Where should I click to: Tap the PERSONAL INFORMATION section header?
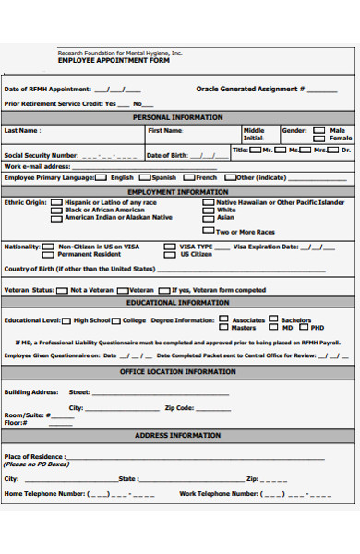tap(178, 117)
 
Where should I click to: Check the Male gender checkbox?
tap(318, 131)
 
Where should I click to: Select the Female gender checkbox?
tap(318, 139)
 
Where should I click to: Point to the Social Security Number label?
tap(42, 155)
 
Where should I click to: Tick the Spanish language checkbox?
tap(145, 177)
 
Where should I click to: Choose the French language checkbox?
tap(189, 177)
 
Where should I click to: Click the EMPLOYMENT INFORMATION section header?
tap(178, 192)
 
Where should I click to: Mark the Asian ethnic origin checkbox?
tap(209, 218)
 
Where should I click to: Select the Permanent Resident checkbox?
tap(51, 255)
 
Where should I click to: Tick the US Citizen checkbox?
tap(171, 255)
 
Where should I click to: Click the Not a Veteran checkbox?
tap(62, 290)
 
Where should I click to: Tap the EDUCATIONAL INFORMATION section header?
tap(178, 303)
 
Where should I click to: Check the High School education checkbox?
tap(66, 320)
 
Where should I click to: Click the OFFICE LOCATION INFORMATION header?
tap(178, 371)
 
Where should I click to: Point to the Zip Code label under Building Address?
tap(179, 407)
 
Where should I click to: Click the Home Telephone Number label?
tap(45, 494)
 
